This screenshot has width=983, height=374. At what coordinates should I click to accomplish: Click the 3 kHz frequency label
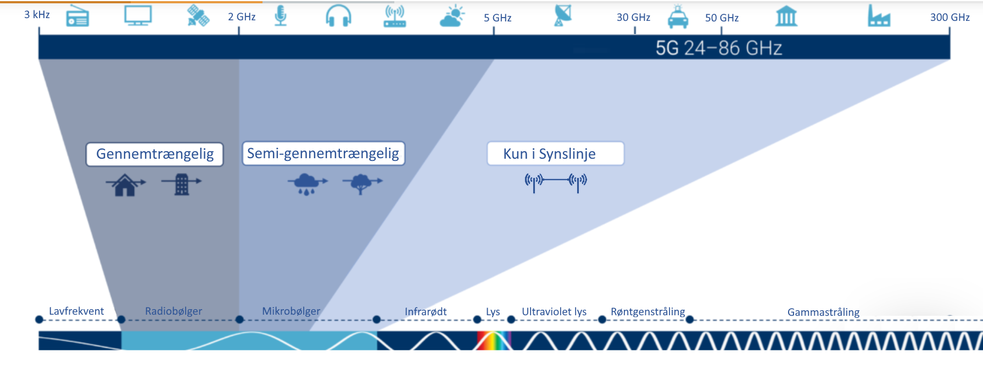pos(37,15)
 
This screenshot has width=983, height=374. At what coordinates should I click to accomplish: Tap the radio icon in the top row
pos(77,16)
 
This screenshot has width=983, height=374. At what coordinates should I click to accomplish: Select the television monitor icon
pos(138,16)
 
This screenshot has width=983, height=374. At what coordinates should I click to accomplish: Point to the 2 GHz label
pos(242,17)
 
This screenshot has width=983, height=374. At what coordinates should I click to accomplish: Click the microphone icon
pos(281,16)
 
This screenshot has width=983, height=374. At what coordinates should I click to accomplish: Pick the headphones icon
pos(338,16)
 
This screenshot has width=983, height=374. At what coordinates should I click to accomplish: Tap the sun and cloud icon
pos(453,16)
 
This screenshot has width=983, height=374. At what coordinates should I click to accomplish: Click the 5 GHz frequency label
pos(498,18)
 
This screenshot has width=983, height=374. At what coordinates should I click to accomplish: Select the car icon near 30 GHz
pos(678,17)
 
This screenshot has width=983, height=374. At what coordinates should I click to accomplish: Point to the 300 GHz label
pos(950,18)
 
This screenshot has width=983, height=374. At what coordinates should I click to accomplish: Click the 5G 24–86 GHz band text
pos(718,48)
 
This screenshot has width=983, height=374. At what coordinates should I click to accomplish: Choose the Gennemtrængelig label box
pos(155,154)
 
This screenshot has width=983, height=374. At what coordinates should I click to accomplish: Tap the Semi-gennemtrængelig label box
pos(323,153)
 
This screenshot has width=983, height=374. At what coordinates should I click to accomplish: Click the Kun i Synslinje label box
pos(555,154)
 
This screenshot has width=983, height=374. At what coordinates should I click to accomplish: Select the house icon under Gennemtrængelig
pos(126,185)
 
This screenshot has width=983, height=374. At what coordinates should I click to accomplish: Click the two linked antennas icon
pos(556,182)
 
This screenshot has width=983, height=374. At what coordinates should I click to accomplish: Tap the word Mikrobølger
pos(291,311)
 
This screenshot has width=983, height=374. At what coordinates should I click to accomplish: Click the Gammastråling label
pos(823,312)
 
